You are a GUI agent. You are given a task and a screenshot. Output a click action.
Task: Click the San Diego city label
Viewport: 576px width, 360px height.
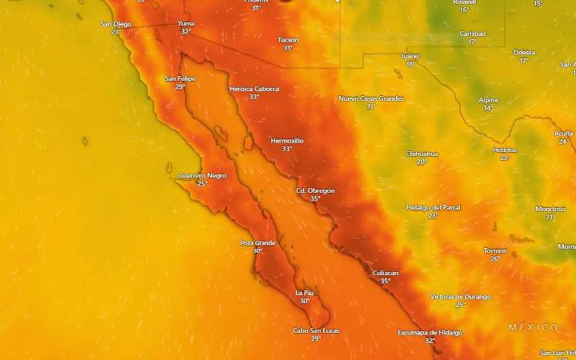[116, 24]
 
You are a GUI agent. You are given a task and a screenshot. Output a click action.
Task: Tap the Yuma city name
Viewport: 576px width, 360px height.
[186, 23]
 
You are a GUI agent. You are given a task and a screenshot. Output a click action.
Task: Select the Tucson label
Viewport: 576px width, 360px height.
[288, 40]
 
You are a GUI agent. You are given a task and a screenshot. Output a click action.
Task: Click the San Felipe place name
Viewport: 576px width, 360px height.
[180, 78]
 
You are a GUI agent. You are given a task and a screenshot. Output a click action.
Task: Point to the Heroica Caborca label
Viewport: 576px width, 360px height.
[254, 89]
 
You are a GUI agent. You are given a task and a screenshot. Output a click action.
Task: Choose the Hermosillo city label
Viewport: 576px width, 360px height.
[287, 140]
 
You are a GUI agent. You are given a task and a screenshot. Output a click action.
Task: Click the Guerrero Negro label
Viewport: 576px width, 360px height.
[202, 175]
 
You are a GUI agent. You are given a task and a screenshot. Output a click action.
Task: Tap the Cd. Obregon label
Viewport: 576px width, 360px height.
[315, 190]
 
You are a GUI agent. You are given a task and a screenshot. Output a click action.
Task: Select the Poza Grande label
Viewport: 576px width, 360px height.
[258, 242]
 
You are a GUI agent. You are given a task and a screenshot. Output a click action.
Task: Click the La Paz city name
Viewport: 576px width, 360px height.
[304, 293]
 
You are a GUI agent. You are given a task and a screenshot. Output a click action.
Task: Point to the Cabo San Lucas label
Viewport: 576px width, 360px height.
[316, 330]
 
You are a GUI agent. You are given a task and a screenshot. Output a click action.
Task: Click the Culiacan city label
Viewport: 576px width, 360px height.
[386, 273]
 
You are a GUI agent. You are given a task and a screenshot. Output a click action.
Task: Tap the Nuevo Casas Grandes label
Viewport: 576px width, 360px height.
[371, 98]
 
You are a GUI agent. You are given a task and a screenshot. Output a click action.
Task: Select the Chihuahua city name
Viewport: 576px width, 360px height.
[422, 153]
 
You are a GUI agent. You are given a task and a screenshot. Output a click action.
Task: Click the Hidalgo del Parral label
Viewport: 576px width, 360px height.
[433, 207]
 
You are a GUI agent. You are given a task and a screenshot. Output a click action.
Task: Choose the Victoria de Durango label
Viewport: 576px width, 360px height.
[460, 296]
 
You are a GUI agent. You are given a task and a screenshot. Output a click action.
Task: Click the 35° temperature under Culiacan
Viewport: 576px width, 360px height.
[386, 281]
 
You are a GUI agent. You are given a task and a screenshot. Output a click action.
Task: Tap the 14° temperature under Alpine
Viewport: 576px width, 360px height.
[488, 108]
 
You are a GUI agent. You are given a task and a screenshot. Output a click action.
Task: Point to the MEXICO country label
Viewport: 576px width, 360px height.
[534, 327]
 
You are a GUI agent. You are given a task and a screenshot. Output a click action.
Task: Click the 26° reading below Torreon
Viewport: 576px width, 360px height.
[495, 258]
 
